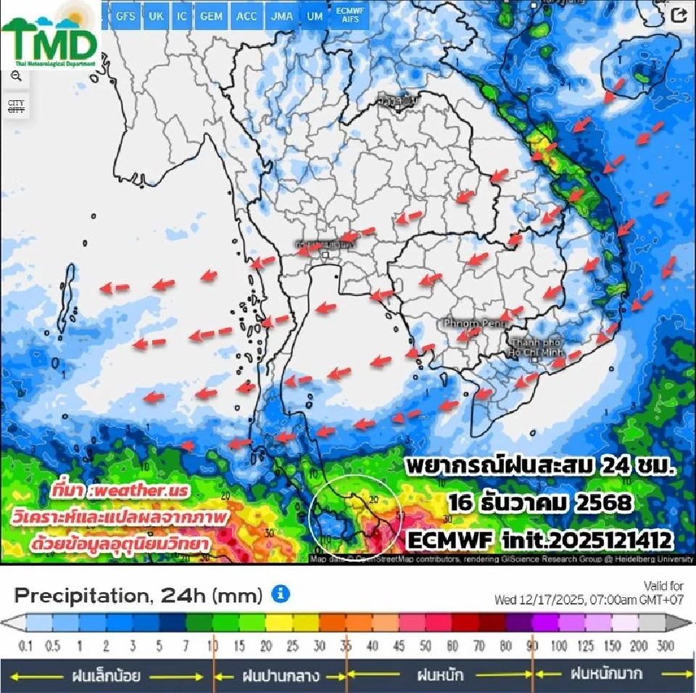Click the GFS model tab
[125, 16]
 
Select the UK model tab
[156, 16]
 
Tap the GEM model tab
[211, 16]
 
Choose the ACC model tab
[246, 16]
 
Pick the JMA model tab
[283, 16]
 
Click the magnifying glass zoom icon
[16, 75]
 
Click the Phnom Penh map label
[469, 321]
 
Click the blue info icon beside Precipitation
[281, 594]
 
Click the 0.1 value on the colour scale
[25, 646]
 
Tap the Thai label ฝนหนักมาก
[606, 674]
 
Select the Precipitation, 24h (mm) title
[138, 596]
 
